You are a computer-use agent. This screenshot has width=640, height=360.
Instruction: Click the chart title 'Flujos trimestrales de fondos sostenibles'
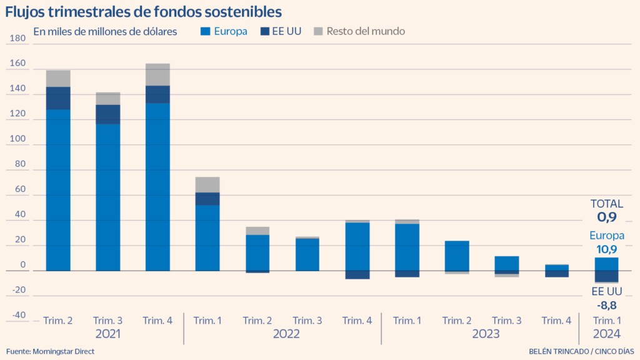point(144,11)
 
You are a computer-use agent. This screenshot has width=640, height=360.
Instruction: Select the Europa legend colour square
point(205,31)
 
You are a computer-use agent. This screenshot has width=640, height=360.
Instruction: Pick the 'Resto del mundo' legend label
point(366,31)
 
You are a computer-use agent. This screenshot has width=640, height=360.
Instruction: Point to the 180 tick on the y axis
point(18,39)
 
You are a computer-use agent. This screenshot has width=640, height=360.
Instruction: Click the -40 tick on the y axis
point(18,315)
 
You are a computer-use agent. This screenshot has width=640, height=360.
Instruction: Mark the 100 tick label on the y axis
point(18,139)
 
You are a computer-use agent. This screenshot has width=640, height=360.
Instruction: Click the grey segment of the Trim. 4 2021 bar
point(157,74)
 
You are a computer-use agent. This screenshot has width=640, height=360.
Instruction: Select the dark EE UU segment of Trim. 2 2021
point(58,98)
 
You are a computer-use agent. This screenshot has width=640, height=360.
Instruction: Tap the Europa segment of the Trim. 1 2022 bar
point(207,237)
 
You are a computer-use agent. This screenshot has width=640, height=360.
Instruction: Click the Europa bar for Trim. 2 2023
point(456,256)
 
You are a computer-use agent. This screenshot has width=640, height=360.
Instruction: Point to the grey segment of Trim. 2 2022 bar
point(257,231)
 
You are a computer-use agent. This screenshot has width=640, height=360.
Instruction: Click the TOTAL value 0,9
point(606,217)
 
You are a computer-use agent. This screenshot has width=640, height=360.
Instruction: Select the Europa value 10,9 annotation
point(606,249)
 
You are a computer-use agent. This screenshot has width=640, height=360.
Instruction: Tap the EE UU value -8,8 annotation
point(606,306)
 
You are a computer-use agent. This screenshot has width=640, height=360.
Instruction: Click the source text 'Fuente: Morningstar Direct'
point(51,351)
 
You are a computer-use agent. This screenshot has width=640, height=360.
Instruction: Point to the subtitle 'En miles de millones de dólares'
point(105,31)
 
